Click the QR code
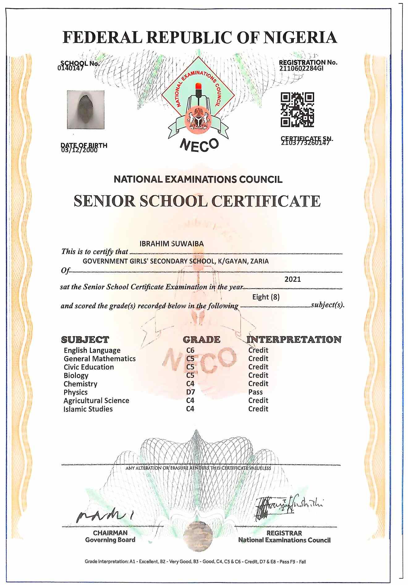click(x=297, y=110)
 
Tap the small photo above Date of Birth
click(x=86, y=110)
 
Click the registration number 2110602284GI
click(x=301, y=69)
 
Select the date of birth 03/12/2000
click(x=79, y=150)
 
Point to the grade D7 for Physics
click(x=190, y=392)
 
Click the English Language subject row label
click(x=92, y=350)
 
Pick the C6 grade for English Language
click(x=190, y=350)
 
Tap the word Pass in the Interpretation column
click(x=255, y=392)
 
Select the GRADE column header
click(x=202, y=339)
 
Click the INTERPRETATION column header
click(x=294, y=339)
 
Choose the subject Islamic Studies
click(x=88, y=409)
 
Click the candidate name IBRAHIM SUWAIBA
click(x=172, y=244)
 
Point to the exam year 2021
click(x=292, y=279)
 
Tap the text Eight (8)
click(x=266, y=297)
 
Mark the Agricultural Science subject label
click(x=96, y=400)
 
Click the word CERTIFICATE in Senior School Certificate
click(x=266, y=201)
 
